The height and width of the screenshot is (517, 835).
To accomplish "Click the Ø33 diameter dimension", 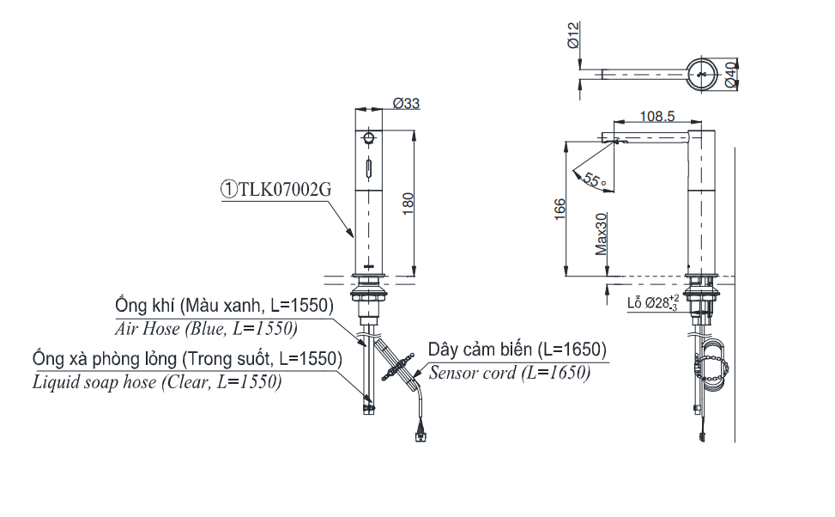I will [406, 103].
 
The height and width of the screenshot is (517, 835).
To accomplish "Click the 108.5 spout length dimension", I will [657, 116].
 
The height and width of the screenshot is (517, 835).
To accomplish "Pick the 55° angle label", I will [594, 179].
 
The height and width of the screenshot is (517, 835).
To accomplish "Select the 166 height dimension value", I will [559, 208].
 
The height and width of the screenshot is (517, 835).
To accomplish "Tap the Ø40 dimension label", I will [730, 75].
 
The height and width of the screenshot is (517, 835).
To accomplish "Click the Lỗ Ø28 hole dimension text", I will [653, 302].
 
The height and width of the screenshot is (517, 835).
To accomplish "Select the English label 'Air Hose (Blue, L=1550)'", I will [206, 328].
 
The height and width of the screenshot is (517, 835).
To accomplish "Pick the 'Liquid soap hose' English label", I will [95, 382].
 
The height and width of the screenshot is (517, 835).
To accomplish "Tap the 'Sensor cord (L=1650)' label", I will [509, 373].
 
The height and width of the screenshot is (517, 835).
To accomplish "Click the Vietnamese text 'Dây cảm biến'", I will [478, 350].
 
